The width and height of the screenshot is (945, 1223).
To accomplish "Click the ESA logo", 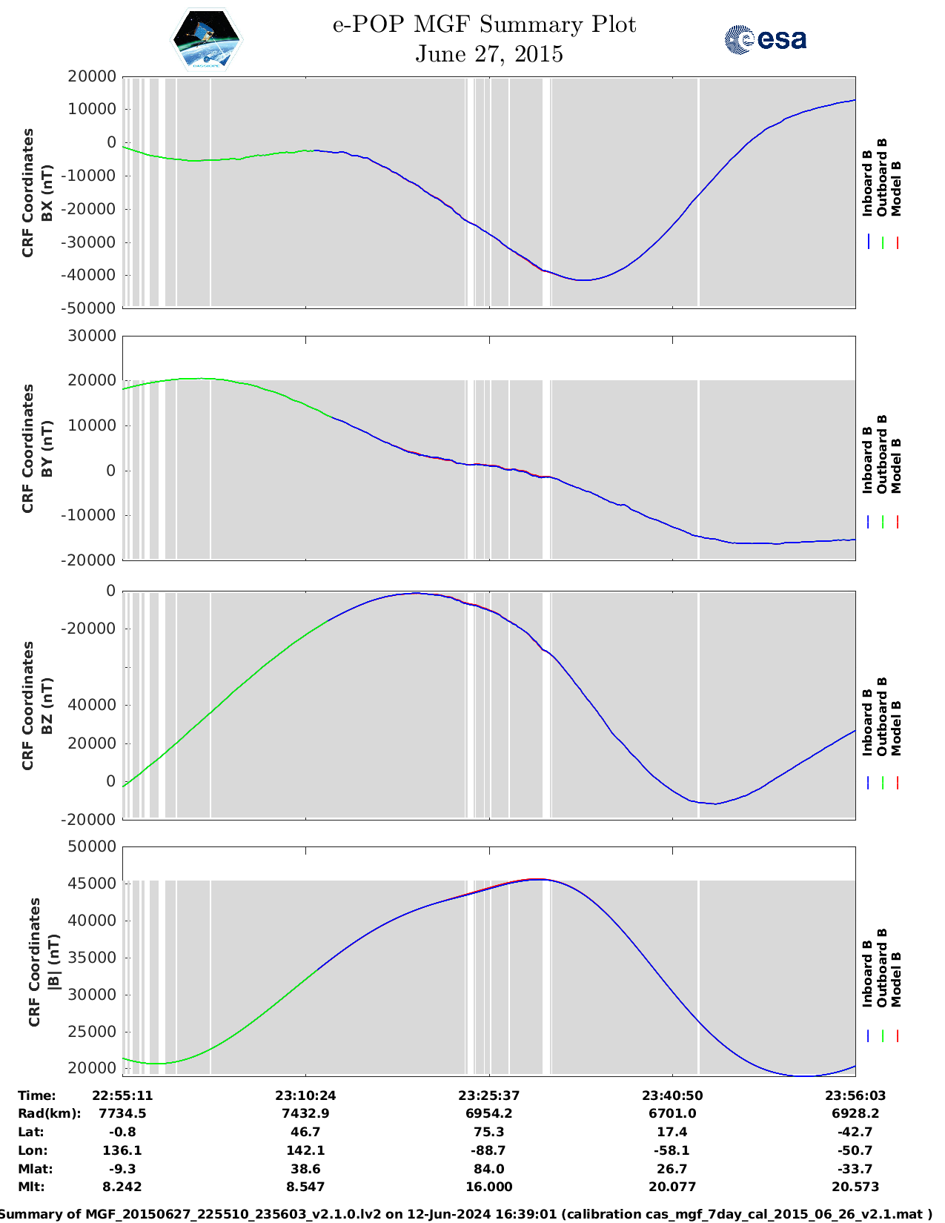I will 765,39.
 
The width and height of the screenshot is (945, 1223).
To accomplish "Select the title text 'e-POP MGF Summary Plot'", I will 484,24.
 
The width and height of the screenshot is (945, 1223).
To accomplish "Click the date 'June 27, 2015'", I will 488,54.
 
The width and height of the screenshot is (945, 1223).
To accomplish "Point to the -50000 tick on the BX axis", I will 91,308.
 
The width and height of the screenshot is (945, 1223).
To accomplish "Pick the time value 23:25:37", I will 488,1095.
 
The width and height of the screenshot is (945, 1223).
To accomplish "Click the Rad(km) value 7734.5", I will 122,1113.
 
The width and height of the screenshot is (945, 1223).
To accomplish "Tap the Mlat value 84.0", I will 488,1169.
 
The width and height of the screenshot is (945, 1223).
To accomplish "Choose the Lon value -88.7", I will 488,1150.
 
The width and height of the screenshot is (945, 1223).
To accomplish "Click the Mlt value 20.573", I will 855,1187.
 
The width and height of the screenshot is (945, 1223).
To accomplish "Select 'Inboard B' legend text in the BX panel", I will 867,183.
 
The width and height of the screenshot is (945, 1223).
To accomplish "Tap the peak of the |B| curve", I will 540,879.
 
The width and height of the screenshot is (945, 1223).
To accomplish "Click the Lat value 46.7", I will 305,1132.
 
